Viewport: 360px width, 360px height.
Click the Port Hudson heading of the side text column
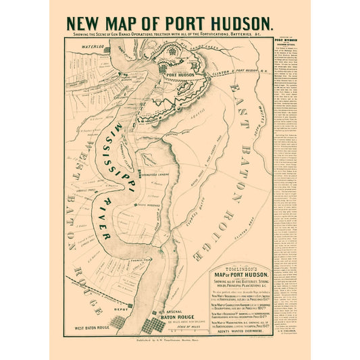tap(288, 40)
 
